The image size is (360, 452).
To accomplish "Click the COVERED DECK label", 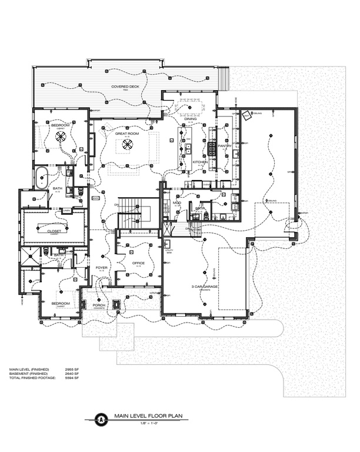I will pos(126,87).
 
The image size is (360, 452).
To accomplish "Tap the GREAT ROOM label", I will pos(126,134).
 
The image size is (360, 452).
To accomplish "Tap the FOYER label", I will pos(101,268).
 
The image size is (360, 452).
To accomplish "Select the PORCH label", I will pos(99,305).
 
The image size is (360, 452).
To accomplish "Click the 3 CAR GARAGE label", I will pos(205,287).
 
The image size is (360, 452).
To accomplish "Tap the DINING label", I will pos(191,119).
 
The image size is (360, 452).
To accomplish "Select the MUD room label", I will pos(176,203).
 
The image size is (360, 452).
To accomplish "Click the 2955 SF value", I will pos(79,369).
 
